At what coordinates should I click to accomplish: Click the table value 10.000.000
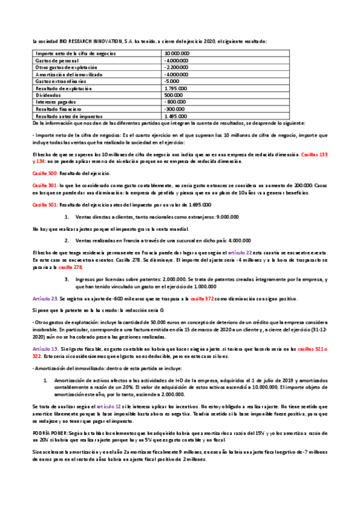point(177,54)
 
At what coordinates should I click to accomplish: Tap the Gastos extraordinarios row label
point(61,81)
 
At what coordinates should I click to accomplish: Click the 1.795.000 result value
point(175,88)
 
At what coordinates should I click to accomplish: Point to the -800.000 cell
point(175,102)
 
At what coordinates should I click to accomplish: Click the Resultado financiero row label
point(58,109)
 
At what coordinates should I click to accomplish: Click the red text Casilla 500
point(45,173)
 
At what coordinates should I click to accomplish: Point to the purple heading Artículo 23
point(45,299)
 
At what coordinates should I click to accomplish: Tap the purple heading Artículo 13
point(45,349)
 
